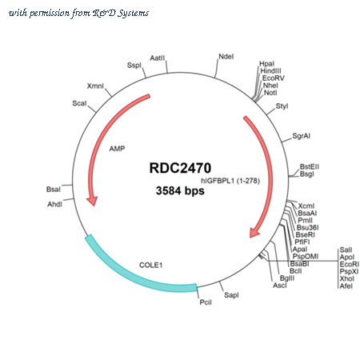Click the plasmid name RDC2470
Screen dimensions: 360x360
coord(180,168)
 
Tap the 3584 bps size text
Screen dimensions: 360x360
coord(180,190)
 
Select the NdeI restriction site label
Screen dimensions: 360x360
coord(226,57)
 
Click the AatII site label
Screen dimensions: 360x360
coord(158,58)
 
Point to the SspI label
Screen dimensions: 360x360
coord(134,66)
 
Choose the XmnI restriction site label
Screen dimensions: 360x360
coord(95,86)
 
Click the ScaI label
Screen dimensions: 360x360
coord(79,103)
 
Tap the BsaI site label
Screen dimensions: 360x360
coord(54,190)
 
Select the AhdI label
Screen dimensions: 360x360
coord(54,204)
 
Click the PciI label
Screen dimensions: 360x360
coord(206,302)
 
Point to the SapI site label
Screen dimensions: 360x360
coord(231,295)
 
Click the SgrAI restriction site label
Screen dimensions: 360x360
coord(302,136)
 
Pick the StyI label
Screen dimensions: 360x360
coord(282,106)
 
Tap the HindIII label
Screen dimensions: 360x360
coord(270,71)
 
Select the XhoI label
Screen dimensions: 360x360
coord(346,278)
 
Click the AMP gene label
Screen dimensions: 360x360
coord(117,149)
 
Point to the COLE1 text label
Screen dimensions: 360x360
coord(150,265)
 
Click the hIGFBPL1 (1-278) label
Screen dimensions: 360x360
coord(230,181)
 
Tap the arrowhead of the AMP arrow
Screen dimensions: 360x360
coord(92,201)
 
